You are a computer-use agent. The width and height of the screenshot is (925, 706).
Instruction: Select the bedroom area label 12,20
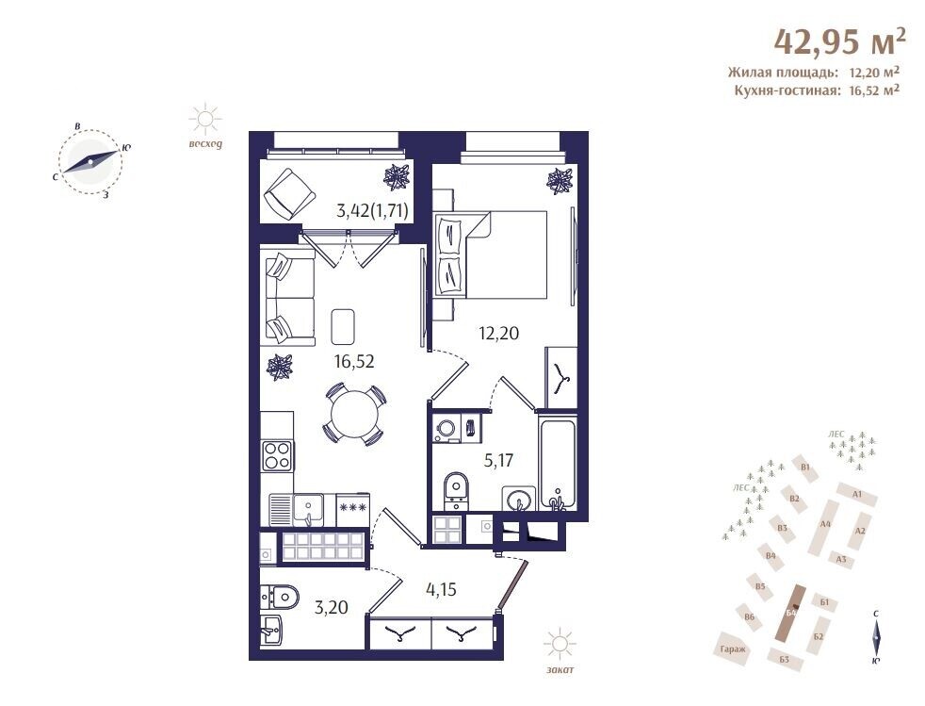pyautogui.click(x=498, y=334)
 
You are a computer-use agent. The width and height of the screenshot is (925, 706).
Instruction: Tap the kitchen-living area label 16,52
pyautogui.click(x=354, y=361)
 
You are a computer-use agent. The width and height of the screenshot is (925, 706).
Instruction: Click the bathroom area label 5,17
pyautogui.click(x=498, y=460)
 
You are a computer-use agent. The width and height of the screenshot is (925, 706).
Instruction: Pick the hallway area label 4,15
pyautogui.click(x=441, y=588)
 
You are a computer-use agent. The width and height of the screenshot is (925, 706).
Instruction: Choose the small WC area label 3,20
pyautogui.click(x=331, y=607)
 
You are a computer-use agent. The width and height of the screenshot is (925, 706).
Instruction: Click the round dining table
pyautogui.click(x=354, y=414)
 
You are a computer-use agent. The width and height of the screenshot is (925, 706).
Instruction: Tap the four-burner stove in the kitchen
pyautogui.click(x=277, y=455)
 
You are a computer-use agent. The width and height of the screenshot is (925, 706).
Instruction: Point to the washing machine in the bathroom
pyautogui.click(x=446, y=428)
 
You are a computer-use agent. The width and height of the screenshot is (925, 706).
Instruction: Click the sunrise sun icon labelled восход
pyautogui.click(x=205, y=120)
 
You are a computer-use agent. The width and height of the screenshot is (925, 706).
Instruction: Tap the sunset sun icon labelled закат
pyautogui.click(x=560, y=644)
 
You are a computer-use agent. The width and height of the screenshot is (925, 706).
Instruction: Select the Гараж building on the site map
pyautogui.click(x=733, y=649)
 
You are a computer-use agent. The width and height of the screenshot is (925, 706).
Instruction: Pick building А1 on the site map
pyautogui.click(x=856, y=494)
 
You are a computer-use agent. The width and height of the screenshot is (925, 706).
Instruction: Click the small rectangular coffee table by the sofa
pyautogui.click(x=343, y=326)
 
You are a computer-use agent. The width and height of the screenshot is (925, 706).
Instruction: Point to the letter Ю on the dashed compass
pyautogui.click(x=125, y=148)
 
